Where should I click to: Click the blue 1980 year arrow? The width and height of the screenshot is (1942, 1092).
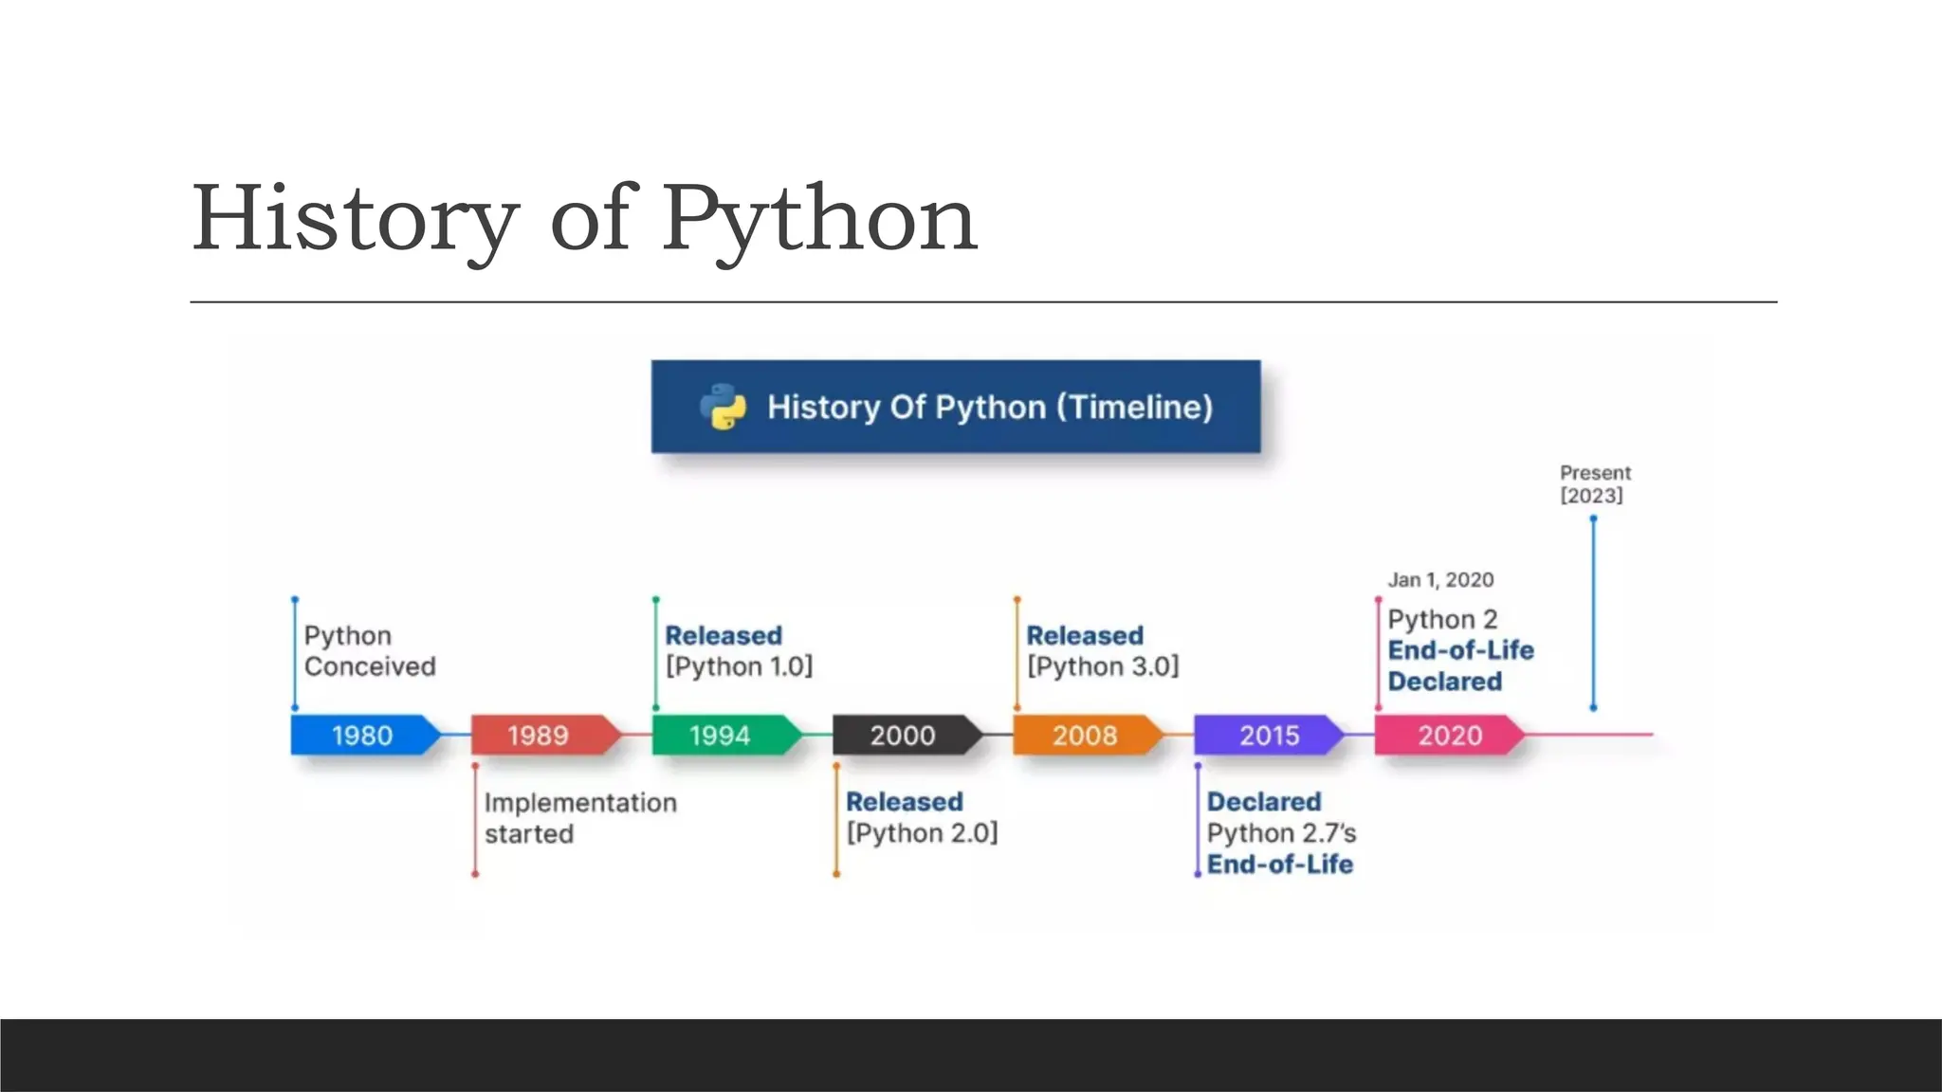[363, 736]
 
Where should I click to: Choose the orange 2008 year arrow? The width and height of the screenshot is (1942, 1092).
[1086, 736]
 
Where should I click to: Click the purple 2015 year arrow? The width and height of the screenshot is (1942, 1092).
[1268, 736]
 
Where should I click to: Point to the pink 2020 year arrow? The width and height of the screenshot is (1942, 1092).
[1448, 736]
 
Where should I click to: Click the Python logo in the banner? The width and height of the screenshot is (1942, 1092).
[724, 407]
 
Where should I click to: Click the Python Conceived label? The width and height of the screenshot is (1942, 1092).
[369, 651]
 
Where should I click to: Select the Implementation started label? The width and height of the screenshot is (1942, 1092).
[579, 818]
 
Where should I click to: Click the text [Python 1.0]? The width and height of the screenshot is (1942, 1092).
[739, 667]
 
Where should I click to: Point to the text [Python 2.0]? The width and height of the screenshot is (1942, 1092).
[922, 833]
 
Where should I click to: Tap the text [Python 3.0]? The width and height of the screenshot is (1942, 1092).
[1103, 667]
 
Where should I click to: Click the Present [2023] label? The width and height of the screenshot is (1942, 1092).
[1595, 484]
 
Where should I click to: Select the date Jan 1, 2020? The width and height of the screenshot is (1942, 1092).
[1440, 580]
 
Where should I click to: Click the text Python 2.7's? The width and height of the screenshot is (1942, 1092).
[1281, 833]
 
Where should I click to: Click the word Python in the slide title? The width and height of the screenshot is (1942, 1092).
[819, 220]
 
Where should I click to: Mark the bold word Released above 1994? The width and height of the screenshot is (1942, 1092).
[724, 635]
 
